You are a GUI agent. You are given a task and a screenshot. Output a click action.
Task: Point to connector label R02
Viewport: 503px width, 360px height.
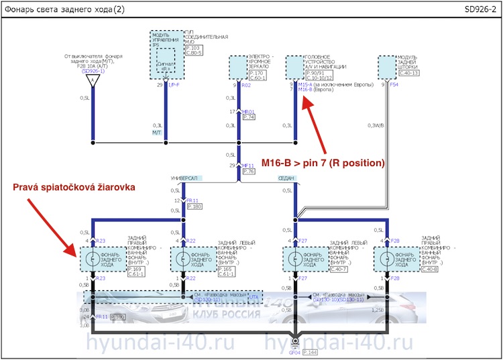click(x=246, y=86)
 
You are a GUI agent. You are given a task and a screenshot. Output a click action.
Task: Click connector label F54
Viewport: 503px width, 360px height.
click(x=394, y=85)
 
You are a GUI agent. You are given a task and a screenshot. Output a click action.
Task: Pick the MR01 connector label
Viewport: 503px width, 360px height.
click(x=248, y=111)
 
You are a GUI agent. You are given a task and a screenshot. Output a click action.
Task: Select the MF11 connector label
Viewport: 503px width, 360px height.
click(x=247, y=165)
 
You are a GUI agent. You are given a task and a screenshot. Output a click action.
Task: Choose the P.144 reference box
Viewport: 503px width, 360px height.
click(x=311, y=351)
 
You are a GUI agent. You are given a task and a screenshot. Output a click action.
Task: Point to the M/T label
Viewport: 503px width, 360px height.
click(x=158, y=133)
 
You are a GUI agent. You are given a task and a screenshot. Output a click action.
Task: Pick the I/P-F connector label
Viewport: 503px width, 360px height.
click(x=174, y=85)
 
